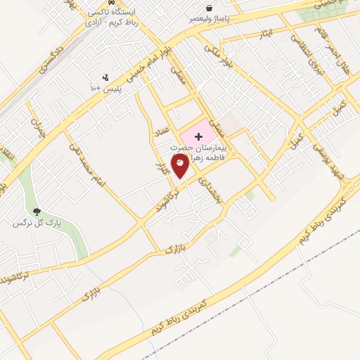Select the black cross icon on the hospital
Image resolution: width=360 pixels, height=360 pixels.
coord(198,134)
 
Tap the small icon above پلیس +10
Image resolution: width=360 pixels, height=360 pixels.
coord(105,77)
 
